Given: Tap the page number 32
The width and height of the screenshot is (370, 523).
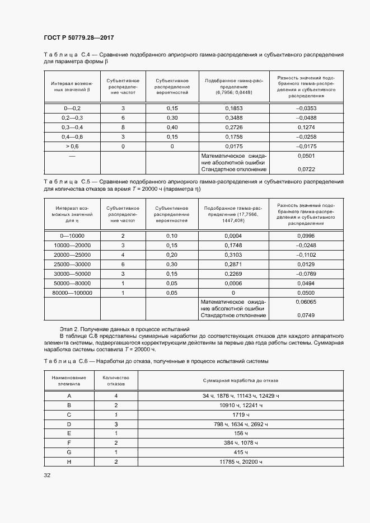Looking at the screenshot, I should (x=47, y=475).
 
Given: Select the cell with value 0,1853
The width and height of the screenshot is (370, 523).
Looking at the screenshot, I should (x=233, y=107).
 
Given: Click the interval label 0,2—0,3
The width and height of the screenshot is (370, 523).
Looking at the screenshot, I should (x=72, y=117).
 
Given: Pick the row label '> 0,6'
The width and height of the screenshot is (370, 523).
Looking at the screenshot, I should (x=72, y=147).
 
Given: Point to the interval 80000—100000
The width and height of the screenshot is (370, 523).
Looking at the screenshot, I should (x=72, y=293).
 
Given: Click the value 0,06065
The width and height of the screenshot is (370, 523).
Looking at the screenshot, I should (x=306, y=302).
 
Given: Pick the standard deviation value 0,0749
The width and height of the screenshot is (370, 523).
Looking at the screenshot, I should (x=306, y=315).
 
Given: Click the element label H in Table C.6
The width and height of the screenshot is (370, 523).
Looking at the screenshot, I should (x=69, y=461).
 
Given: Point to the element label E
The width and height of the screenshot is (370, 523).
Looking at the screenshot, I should (x=69, y=433).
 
